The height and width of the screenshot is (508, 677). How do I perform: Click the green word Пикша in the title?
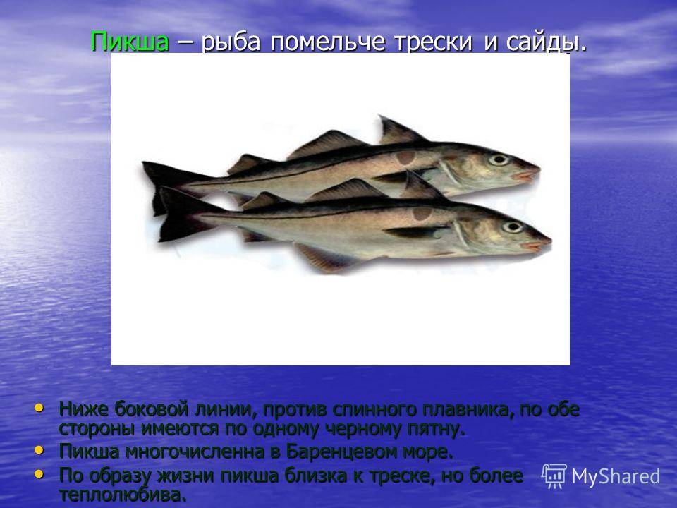130,42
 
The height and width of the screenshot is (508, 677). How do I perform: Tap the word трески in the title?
432,42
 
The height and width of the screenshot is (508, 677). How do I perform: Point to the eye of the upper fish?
499,159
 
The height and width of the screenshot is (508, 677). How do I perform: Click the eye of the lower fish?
512,226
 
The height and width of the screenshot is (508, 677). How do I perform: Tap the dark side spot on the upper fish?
405,157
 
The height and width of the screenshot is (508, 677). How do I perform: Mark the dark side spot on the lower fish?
422,213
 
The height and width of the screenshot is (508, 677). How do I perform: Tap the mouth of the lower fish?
537,245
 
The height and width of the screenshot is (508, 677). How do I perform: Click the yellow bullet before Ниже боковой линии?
39,407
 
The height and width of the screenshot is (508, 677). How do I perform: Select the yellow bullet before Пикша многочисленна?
39,451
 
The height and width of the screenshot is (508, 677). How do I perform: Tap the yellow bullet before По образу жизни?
39,474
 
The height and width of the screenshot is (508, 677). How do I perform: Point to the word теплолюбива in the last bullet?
123,494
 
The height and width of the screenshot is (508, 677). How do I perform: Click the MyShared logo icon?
554,476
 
